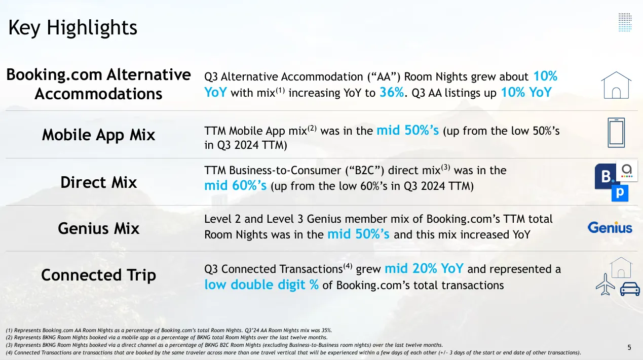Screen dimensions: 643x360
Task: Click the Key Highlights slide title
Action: [x=72, y=28]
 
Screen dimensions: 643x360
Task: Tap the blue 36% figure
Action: [x=392, y=92]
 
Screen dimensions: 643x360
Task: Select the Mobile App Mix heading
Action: [x=98, y=135]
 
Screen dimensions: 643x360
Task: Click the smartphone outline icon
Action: [x=616, y=133]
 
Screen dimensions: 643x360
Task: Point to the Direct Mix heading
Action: [x=98, y=182]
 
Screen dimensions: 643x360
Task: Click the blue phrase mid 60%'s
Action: [x=236, y=185]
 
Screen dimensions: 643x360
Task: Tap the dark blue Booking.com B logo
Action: [x=605, y=176]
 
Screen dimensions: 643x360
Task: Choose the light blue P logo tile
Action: [x=620, y=193]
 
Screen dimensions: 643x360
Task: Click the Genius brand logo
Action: [x=610, y=227]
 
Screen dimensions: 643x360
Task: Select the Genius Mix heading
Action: [x=98, y=228]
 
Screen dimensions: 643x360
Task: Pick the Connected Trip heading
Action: [x=98, y=275]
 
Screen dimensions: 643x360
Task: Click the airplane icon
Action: [x=605, y=284]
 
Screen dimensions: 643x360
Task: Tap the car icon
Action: [x=630, y=289]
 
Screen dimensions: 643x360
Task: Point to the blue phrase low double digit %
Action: [x=261, y=285]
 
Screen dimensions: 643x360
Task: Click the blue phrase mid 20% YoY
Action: [x=424, y=269]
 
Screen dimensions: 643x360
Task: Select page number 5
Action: [x=629, y=348]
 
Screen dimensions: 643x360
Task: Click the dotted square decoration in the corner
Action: [x=625, y=22]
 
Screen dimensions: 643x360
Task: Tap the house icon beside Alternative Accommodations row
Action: [x=616, y=85]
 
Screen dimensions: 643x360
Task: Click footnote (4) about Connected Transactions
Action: [x=293, y=352]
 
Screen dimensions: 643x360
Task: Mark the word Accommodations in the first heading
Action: [x=98, y=94]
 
